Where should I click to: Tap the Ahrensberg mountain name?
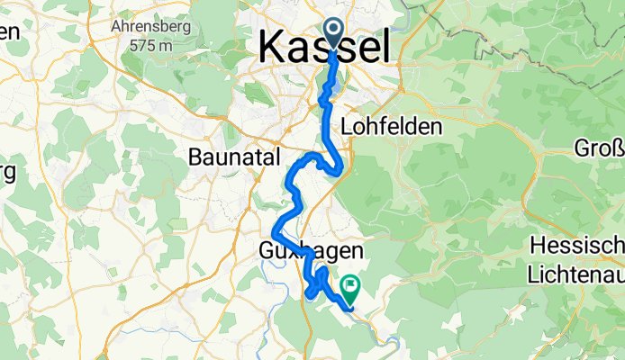pos(149,26)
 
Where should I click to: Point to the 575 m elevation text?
pos(149,42)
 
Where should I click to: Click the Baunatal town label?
pos(235,157)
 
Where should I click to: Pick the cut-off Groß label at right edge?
pos(600,147)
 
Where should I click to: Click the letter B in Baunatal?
pos(196,157)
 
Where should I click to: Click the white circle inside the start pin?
pos(333,31)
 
